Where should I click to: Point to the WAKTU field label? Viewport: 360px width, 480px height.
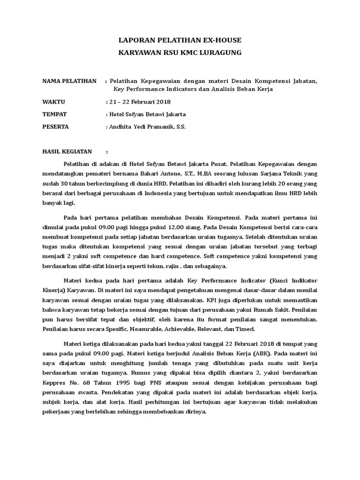point(54,102)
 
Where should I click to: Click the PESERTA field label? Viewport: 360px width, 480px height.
point(56,127)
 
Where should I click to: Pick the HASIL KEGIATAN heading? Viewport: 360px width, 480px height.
point(67,152)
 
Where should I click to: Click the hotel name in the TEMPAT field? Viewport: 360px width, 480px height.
point(147,114)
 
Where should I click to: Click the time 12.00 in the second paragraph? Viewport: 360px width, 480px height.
point(163,227)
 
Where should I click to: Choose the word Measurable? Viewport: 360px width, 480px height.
point(162,329)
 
